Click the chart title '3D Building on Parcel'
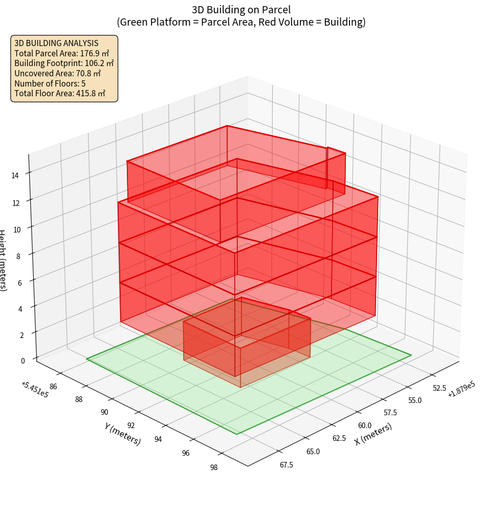point(241,10)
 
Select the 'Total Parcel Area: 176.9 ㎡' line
point(62,53)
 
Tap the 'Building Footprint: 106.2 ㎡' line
point(64,63)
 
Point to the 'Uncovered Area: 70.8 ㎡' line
point(58,73)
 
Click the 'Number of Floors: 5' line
point(50,83)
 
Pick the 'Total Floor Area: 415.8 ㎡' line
point(60,93)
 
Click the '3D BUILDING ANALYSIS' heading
point(56,43)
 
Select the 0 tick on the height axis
point(23,361)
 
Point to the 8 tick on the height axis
point(18,255)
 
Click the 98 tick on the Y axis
point(214,467)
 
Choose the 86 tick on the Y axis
point(53,387)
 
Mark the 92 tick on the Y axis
point(131,426)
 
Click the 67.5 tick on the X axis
point(286,464)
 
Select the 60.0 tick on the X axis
point(365,426)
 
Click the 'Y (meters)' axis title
point(123,433)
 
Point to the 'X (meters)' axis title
point(374,434)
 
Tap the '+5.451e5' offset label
point(35,390)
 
